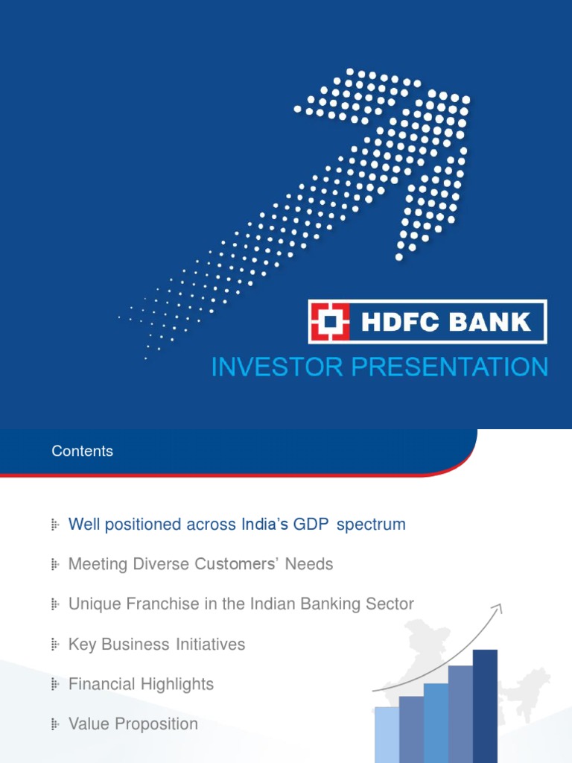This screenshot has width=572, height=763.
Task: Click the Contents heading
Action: [x=82, y=451]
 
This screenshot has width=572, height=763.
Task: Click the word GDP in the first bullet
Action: [x=312, y=525]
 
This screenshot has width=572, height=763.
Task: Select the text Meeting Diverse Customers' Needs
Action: [x=200, y=564]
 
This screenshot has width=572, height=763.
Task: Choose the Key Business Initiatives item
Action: [x=156, y=644]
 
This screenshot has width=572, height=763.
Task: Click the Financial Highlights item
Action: [x=141, y=684]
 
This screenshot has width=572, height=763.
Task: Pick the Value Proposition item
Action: [x=133, y=724]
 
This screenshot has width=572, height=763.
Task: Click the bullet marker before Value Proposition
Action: [x=54, y=724]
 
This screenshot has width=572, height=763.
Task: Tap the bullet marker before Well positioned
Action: [x=54, y=525]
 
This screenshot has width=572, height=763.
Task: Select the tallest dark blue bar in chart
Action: [x=485, y=704]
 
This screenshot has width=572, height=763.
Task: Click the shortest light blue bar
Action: [x=387, y=734]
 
